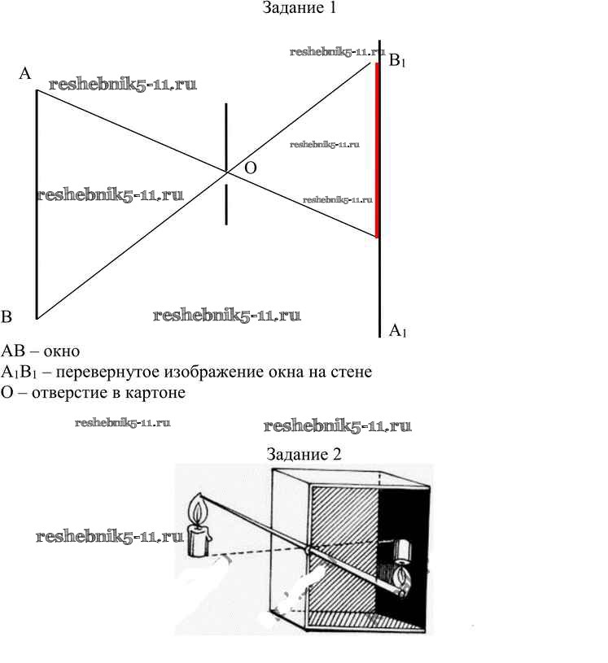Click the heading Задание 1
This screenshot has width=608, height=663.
tap(300, 9)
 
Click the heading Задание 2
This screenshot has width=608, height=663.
tap(302, 453)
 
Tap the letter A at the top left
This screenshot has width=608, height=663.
tap(25, 74)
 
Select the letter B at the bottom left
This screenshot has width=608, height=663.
tap(7, 316)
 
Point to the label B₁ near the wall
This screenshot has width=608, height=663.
tap(397, 61)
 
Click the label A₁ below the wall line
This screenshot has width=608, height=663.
tap(397, 330)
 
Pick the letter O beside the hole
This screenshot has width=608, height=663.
tap(250, 168)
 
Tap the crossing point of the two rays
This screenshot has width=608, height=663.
tap(226, 171)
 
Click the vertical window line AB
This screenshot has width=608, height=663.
tap(37, 203)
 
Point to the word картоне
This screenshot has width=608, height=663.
tap(158, 393)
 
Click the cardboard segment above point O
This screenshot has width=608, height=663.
tap(226, 134)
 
